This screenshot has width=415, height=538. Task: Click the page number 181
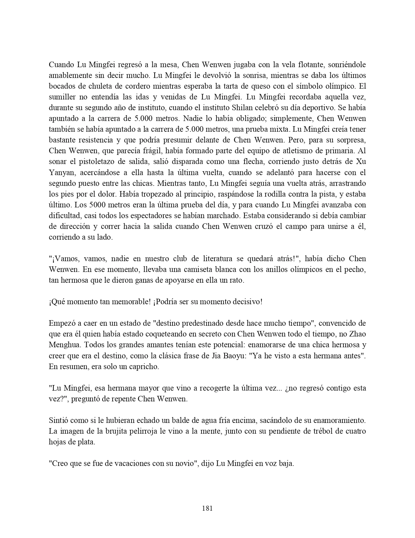[207, 508]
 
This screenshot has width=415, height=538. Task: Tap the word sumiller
[62, 97]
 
